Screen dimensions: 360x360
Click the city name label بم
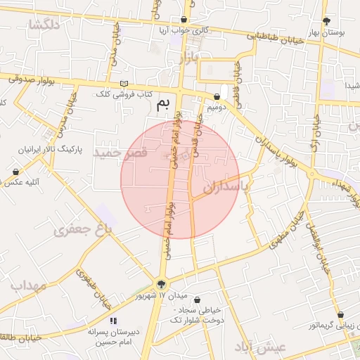click(x=162, y=105)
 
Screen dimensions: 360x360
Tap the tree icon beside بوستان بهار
click(x=325, y=21)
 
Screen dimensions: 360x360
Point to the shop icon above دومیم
click(x=217, y=96)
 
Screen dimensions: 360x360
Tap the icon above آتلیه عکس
click(x=15, y=172)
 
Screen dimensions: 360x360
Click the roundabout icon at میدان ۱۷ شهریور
click(x=162, y=285)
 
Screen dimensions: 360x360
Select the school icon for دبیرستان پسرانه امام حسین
click(x=113, y=321)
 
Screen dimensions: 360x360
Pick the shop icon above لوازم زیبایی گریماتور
click(x=340, y=316)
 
